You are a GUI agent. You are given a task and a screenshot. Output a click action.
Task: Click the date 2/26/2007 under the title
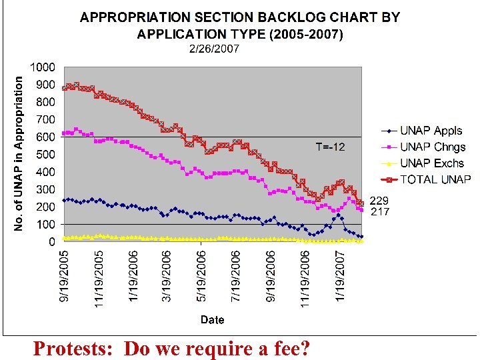[213, 49]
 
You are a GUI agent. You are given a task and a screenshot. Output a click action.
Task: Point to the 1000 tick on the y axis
[43, 67]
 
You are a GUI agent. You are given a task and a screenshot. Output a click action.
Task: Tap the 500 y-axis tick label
[46, 155]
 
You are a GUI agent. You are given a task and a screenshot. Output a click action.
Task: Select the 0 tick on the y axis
[51, 243]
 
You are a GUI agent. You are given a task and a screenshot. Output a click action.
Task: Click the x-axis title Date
[213, 320]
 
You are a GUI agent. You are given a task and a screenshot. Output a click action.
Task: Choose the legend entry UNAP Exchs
[432, 163]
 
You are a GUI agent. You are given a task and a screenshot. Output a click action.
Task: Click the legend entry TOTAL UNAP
[435, 179]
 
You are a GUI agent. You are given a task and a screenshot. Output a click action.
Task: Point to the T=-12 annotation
[330, 147]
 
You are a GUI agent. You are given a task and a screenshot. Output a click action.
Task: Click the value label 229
[379, 200]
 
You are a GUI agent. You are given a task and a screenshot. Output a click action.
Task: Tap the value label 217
[379, 211]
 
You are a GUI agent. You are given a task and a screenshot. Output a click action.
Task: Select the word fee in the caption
[280, 348]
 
